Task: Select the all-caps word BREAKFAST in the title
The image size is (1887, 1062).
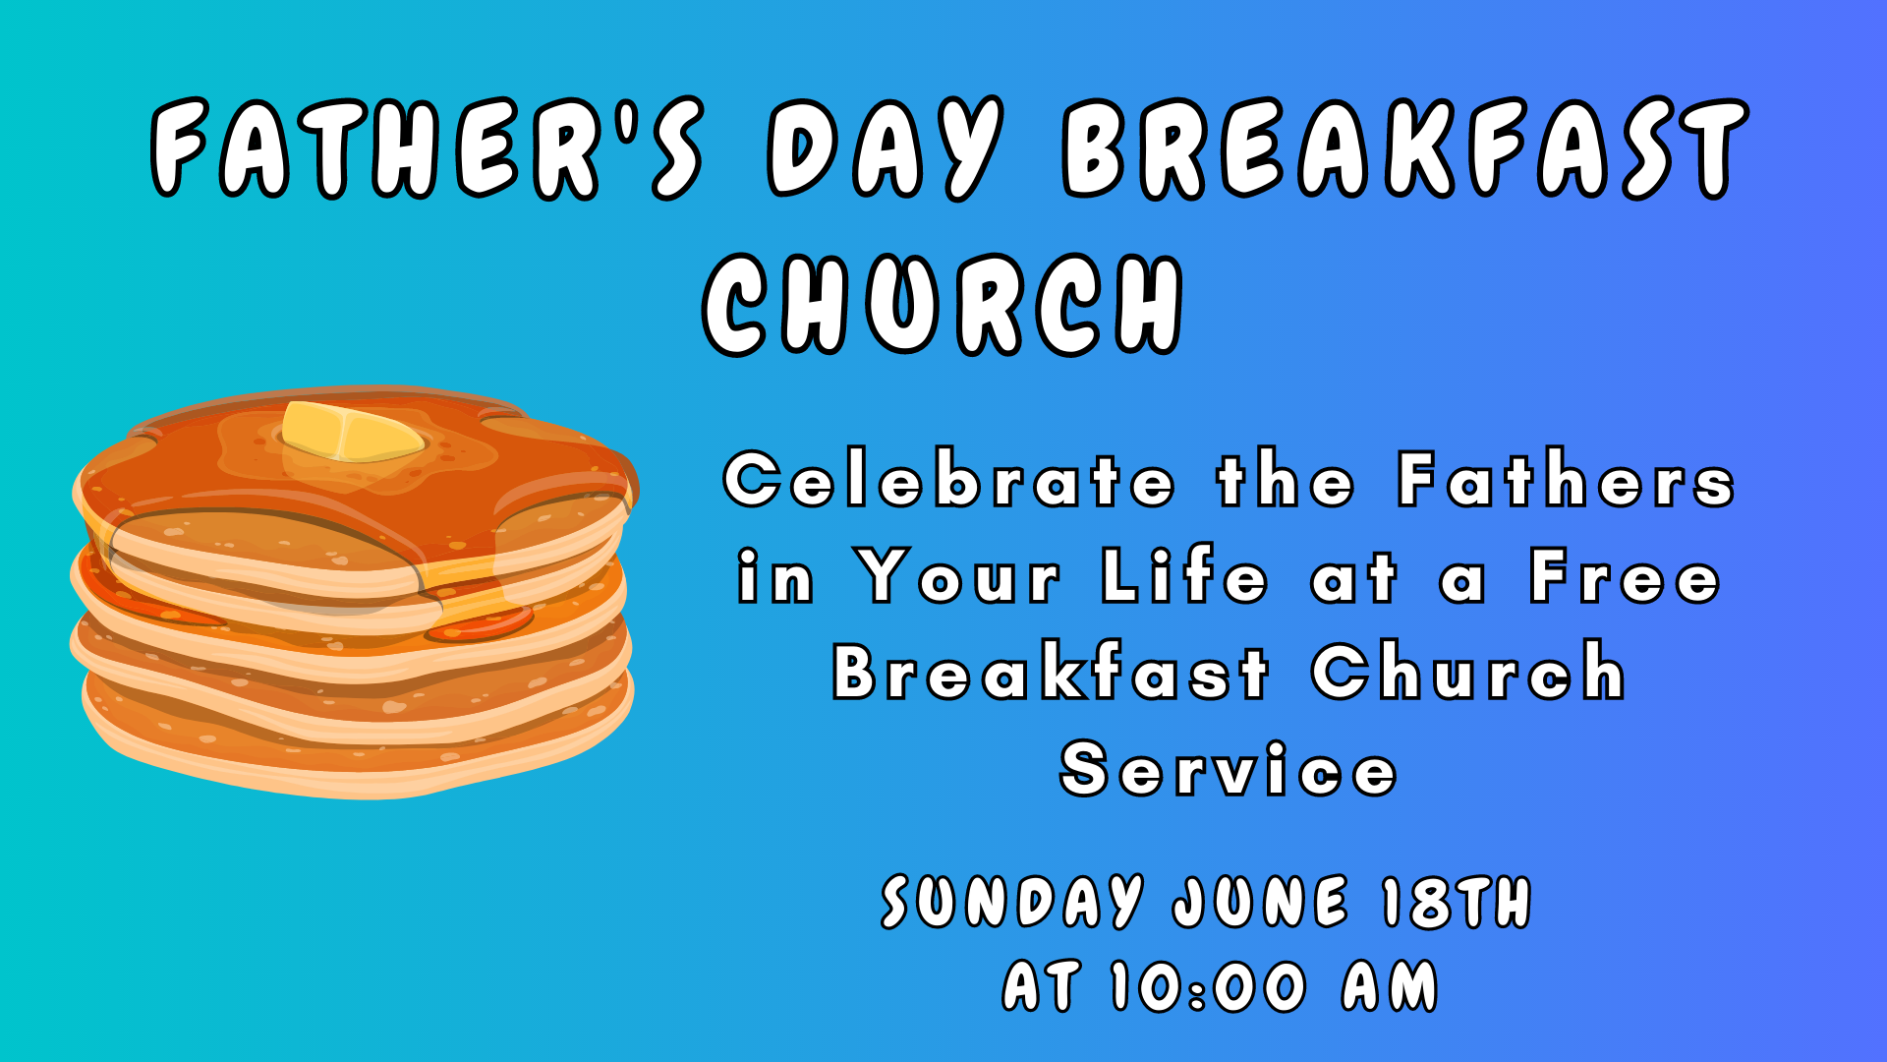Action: [x=1406, y=147]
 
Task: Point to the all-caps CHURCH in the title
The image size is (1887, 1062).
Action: [x=943, y=304]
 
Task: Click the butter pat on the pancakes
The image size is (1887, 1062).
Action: [x=351, y=433]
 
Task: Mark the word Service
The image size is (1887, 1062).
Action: [x=1229, y=769]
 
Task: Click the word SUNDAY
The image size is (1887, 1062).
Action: [x=1013, y=902]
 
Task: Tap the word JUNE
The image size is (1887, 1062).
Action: [x=1261, y=902]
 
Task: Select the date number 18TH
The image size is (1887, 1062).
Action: [x=1457, y=902]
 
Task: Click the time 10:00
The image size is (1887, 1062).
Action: [x=1209, y=986]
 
